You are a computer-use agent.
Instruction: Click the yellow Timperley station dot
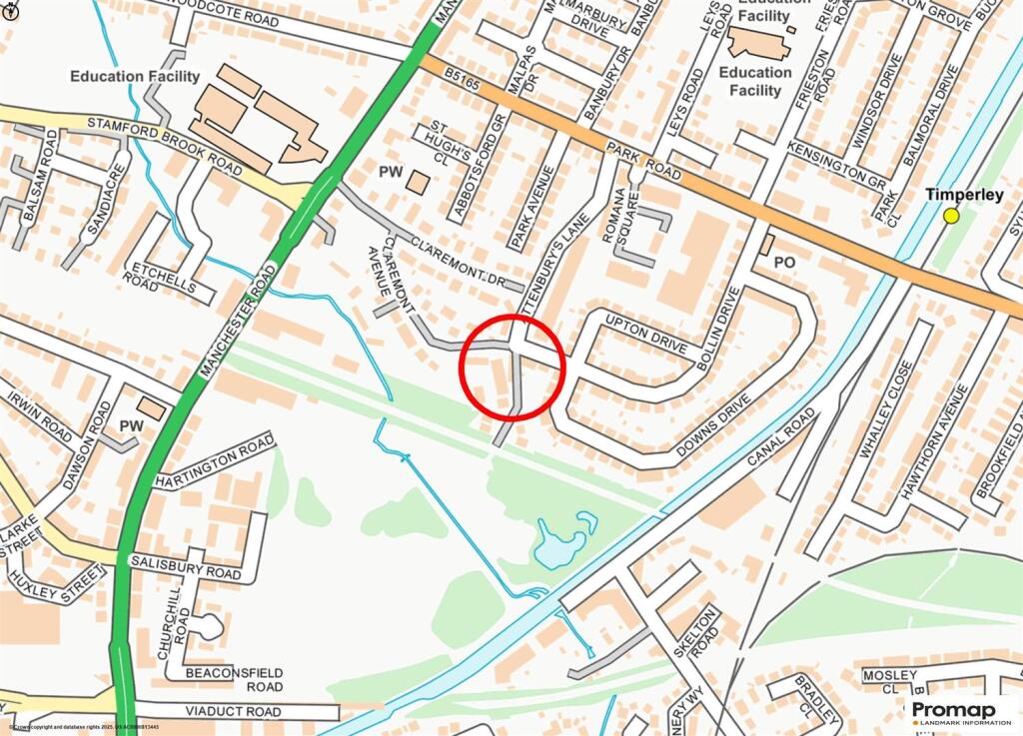tap(951, 216)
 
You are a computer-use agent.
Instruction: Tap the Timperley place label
tap(963, 196)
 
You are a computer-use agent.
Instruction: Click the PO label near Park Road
tap(785, 262)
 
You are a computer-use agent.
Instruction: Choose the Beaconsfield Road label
tap(234, 680)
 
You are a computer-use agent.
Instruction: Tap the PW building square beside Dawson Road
tap(153, 407)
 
